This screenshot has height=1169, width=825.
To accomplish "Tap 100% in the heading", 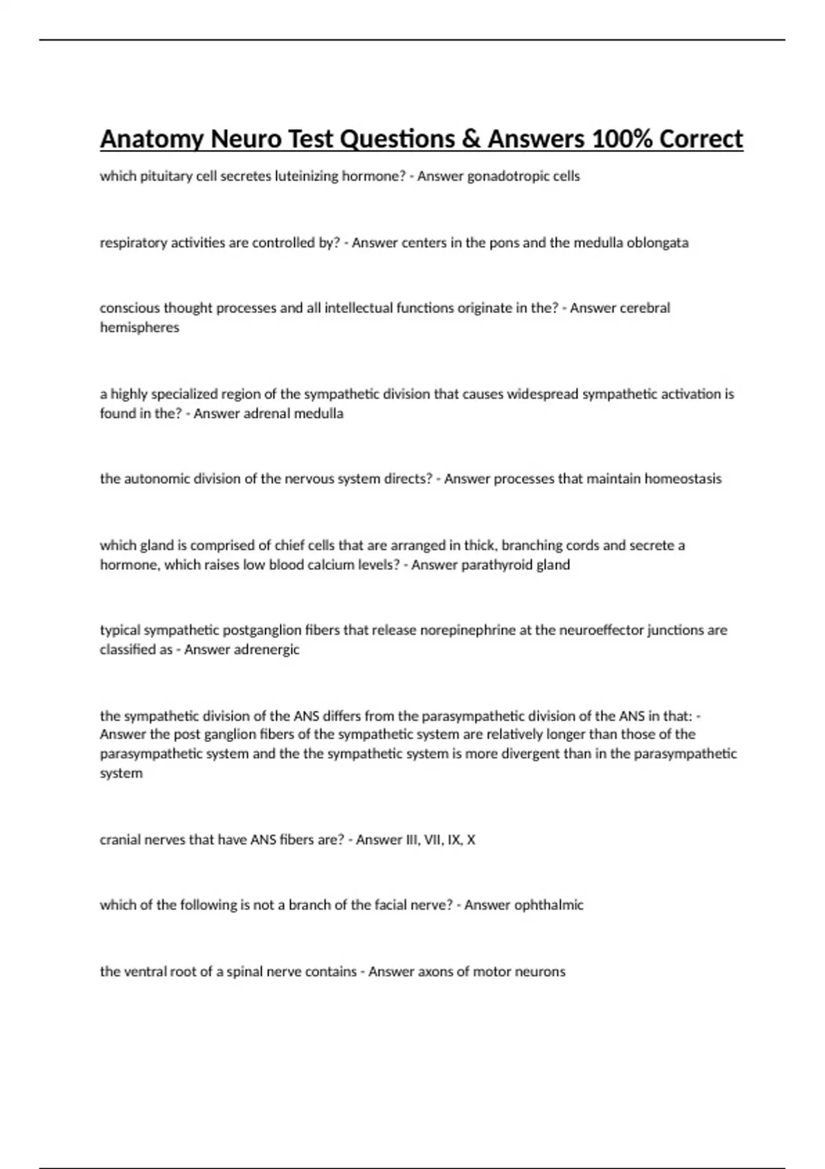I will click(621, 139).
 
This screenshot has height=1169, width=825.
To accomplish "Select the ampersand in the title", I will click(470, 139).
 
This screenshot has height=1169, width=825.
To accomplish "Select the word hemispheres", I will click(140, 328).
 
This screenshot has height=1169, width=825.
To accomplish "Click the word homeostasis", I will click(683, 479).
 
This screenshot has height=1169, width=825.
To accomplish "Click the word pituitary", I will click(166, 176).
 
